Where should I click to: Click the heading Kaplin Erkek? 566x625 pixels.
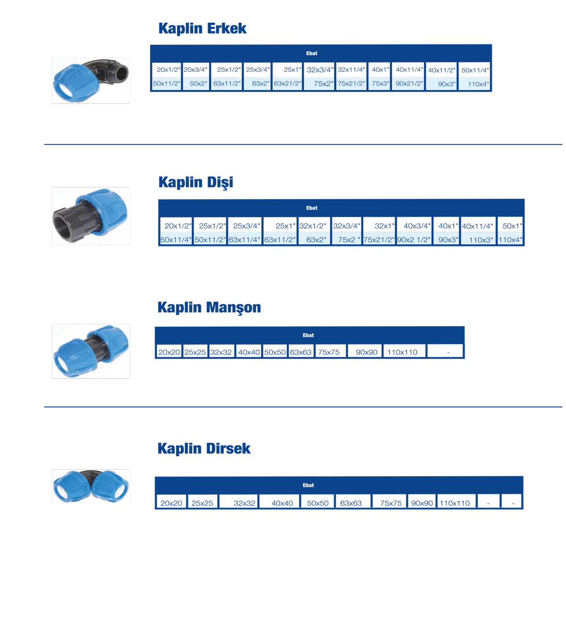202,29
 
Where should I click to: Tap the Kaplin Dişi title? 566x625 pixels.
195,182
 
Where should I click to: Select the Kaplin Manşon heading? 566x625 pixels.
209,307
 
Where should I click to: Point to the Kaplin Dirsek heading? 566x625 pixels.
204,448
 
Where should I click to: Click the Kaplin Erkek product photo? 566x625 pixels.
91,80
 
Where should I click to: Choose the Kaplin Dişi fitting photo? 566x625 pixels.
91,216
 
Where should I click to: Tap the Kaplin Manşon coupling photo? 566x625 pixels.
91,351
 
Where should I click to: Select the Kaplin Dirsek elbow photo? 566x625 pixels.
91,486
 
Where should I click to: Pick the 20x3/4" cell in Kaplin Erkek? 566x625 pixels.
195,69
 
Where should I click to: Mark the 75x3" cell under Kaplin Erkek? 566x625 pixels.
380,84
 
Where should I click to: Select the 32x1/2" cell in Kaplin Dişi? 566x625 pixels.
313,226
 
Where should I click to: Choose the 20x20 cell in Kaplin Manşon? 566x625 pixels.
169,352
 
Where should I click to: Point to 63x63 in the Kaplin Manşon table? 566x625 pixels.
300,352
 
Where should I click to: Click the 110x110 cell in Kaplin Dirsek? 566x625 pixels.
455,503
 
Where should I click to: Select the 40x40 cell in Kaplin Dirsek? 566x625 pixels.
282,503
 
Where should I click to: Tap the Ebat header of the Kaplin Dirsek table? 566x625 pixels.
308,485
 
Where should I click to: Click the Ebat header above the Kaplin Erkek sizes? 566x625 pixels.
311,53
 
